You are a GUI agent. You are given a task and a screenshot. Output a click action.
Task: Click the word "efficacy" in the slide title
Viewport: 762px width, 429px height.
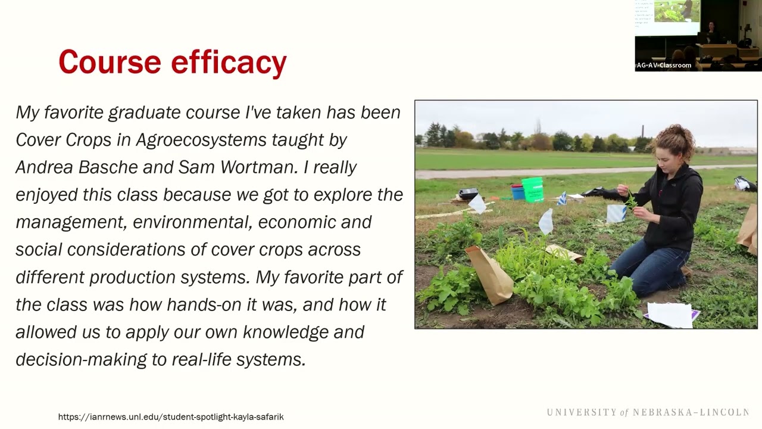(x=229, y=63)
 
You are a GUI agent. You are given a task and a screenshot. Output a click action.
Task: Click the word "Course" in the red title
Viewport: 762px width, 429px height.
(x=110, y=61)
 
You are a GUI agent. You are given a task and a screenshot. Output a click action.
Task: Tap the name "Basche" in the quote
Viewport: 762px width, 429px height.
(x=108, y=167)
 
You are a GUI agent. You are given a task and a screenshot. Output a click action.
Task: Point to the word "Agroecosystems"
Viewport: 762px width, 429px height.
(x=201, y=140)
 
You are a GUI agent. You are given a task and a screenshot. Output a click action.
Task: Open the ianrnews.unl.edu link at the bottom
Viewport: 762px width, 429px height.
(x=171, y=417)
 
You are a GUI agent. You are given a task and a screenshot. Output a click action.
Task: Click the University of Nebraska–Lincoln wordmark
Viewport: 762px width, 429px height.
(x=648, y=412)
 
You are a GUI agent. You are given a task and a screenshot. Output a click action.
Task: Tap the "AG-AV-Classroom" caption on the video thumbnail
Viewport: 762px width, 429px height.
(x=664, y=66)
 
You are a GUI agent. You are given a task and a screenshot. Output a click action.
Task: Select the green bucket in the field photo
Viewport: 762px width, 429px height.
(x=533, y=189)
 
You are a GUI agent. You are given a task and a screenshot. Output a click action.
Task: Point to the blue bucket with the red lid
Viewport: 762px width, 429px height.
(x=517, y=191)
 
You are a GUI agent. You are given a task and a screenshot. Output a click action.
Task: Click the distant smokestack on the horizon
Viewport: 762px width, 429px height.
(x=642, y=132)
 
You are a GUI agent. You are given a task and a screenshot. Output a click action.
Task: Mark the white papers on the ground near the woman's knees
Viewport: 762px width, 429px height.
(x=670, y=314)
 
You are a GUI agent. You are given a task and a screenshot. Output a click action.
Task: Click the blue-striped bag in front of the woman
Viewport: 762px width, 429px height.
(x=616, y=213)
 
